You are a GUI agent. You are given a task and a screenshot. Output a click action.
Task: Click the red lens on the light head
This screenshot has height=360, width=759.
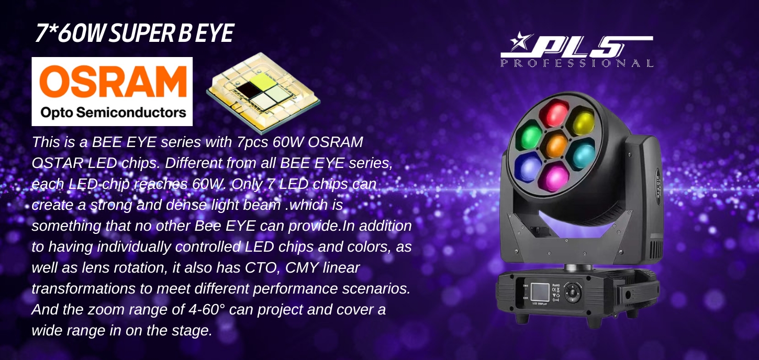pyautogui.click(x=554, y=114)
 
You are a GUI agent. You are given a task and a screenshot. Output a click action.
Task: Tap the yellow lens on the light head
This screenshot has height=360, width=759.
pyautogui.click(x=582, y=123)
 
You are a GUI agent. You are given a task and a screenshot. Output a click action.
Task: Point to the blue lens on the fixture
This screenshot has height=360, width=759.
pyautogui.click(x=529, y=166)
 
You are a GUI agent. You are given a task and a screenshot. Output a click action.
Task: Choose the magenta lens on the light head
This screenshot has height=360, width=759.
pyautogui.click(x=555, y=177)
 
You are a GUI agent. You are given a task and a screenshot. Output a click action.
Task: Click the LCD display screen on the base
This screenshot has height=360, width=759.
pyautogui.click(x=540, y=294)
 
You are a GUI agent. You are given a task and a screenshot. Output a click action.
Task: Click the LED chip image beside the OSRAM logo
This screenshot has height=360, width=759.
pyautogui.click(x=263, y=93)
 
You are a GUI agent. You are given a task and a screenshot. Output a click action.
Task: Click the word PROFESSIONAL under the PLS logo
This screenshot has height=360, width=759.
pyautogui.click(x=577, y=63)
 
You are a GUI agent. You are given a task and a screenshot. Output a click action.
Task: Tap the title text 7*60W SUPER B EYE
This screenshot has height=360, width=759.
pyautogui.click(x=135, y=33)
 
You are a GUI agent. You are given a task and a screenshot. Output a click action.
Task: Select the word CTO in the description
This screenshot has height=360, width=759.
pyautogui.click(x=261, y=267)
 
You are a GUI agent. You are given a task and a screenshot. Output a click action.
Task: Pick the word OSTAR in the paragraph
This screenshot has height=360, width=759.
pyautogui.click(x=57, y=163)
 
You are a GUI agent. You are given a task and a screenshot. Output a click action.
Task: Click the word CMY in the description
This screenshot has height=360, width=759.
pyautogui.click(x=302, y=267)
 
